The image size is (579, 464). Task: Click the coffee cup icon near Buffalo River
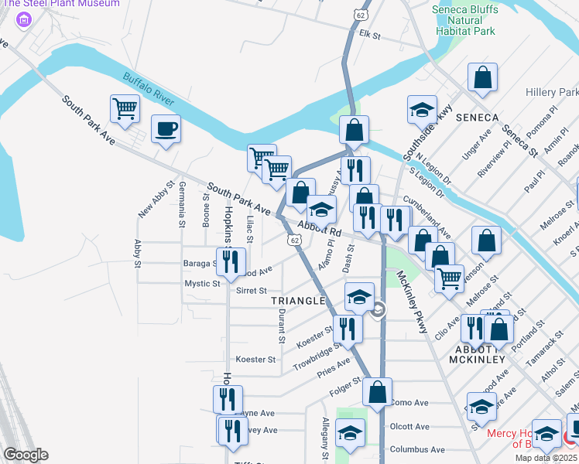point(166,128)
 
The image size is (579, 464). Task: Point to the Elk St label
point(372,34)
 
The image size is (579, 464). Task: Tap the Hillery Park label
point(551,91)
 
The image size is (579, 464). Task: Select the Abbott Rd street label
point(320,231)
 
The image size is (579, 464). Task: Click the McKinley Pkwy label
point(412,302)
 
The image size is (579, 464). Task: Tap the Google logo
point(26,455)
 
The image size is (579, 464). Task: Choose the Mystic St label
point(202,284)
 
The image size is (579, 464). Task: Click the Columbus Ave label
point(419,449)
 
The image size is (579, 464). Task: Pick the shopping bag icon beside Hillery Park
point(482,77)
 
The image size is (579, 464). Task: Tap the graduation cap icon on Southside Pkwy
point(423,109)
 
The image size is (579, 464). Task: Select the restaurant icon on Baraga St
point(230,261)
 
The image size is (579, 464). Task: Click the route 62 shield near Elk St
point(361,15)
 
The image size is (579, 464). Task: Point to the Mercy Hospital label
point(526,433)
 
